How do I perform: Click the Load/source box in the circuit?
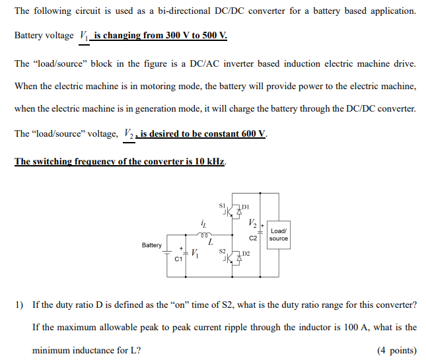279,234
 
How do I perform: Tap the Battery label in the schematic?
152,245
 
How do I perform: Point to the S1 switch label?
222,205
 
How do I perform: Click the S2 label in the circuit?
222,251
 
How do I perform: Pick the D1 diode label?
245,207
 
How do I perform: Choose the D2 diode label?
245,254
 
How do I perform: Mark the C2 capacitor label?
253,238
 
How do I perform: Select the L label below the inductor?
210,242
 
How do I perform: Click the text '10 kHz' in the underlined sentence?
209,161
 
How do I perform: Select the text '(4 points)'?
396,350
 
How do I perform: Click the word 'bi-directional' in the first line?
162,11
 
